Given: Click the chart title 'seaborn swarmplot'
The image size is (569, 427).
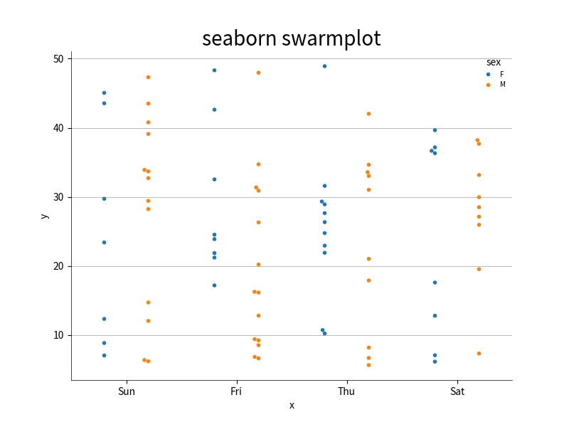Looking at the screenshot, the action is pyautogui.click(x=292, y=39).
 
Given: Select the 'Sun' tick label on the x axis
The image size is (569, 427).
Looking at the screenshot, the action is pyautogui.click(x=127, y=391).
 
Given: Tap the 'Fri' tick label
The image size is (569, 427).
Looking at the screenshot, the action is pyautogui.click(x=236, y=391).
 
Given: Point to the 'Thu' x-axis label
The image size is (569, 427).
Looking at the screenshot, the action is pyautogui.click(x=346, y=391).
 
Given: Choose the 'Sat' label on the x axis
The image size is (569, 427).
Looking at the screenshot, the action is pyautogui.click(x=457, y=391).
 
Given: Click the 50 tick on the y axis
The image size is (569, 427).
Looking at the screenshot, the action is pyautogui.click(x=58, y=59).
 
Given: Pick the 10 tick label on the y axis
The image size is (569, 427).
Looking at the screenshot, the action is pyautogui.click(x=58, y=335).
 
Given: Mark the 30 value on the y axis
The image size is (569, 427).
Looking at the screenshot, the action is pyautogui.click(x=58, y=197).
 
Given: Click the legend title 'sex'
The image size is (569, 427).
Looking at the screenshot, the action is pyautogui.click(x=494, y=63).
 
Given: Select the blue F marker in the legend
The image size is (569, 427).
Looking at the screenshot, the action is pyautogui.click(x=489, y=75).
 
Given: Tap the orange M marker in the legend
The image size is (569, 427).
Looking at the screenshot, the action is pyautogui.click(x=489, y=85).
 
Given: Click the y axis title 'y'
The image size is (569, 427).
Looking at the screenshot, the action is pyautogui.click(x=44, y=216).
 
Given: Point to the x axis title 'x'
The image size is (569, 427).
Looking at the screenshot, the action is pyautogui.click(x=292, y=406).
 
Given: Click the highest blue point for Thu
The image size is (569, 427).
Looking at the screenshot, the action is pyautogui.click(x=325, y=66).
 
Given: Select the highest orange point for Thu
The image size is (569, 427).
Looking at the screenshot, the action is pyautogui.click(x=368, y=114).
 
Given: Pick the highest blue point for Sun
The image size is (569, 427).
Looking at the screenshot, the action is pyautogui.click(x=104, y=93).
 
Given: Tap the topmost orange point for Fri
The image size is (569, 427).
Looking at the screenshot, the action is pyautogui.click(x=258, y=73).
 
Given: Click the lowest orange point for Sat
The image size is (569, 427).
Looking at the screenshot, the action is pyautogui.click(x=479, y=354).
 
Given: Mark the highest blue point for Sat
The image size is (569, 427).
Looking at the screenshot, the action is pyautogui.click(x=435, y=130).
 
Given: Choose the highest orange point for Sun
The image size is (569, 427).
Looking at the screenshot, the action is pyautogui.click(x=149, y=78).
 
